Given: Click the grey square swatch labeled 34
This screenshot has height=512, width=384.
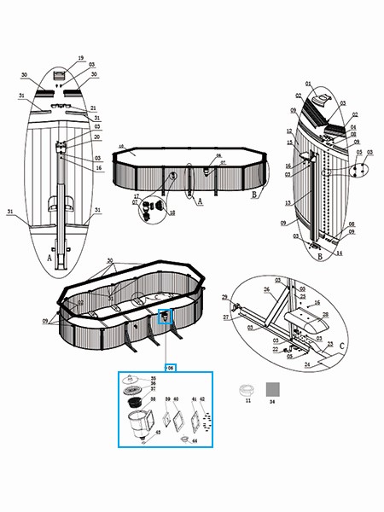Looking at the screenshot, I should (273, 388).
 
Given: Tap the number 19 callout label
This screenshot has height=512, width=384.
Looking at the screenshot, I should (81, 58).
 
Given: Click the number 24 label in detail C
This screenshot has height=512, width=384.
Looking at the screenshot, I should (331, 362).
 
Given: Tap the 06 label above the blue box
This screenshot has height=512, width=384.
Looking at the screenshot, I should (171, 368).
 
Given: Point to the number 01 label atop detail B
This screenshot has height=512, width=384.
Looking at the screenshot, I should (310, 84).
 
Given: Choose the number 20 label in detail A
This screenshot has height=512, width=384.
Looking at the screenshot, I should (97, 137).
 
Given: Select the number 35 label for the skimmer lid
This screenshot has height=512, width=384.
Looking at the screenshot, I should (153, 378).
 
